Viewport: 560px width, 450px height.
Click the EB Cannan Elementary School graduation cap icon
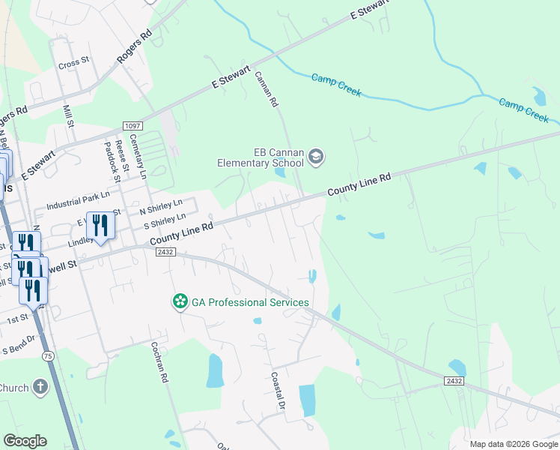click(315, 156)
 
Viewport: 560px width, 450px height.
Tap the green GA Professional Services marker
click(180, 301)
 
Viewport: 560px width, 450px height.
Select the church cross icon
click(40, 388)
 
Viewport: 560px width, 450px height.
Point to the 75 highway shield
click(49, 357)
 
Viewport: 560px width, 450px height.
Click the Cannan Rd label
click(267, 88)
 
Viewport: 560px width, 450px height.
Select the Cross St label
click(73, 64)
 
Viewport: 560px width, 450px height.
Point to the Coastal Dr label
click(279, 390)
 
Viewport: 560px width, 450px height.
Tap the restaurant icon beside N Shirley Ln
click(100, 225)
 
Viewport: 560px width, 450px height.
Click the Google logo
click(25, 441)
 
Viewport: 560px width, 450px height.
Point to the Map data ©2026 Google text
click(514, 444)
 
